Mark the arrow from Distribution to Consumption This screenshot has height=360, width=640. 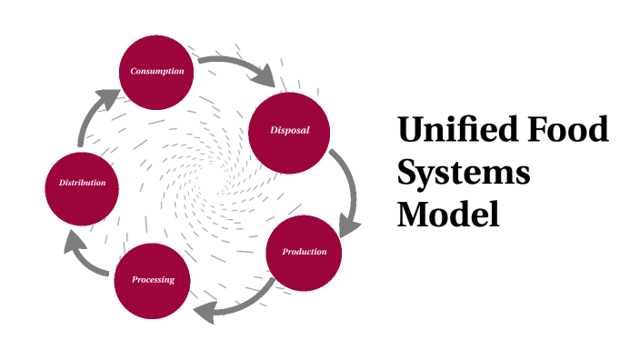[92, 114]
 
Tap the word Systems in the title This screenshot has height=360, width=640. [464, 173]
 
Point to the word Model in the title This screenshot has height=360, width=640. [449, 215]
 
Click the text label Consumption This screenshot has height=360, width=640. [157, 71]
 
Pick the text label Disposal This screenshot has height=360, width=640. [289, 130]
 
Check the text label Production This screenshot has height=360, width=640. [304, 252]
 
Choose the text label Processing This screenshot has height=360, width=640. [153, 280]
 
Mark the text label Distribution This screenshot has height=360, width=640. [83, 184]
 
